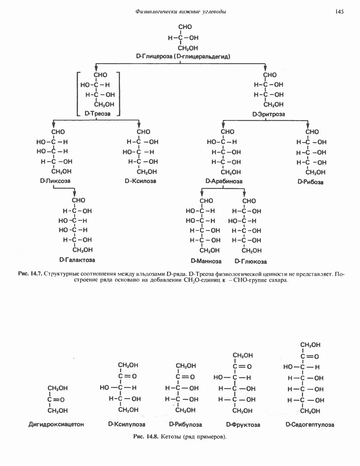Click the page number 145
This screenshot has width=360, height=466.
(340, 12)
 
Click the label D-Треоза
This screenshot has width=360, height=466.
(97, 113)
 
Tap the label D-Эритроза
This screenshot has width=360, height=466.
(269, 114)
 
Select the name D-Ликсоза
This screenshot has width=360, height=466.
(55, 181)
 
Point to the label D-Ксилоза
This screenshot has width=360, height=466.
(140, 181)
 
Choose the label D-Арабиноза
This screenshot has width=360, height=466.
(224, 181)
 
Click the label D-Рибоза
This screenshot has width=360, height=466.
(310, 182)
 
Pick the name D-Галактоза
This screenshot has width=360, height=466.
(77, 259)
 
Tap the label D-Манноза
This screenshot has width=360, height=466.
(206, 261)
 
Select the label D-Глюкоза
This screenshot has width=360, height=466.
(251, 261)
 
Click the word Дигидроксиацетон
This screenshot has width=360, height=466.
(56, 424)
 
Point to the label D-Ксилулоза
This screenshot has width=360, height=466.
(126, 424)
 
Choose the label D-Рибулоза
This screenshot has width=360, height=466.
(186, 424)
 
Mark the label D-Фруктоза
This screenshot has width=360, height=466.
(243, 425)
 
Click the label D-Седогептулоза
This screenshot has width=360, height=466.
(310, 425)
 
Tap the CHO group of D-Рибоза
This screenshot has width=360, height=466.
(312, 132)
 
